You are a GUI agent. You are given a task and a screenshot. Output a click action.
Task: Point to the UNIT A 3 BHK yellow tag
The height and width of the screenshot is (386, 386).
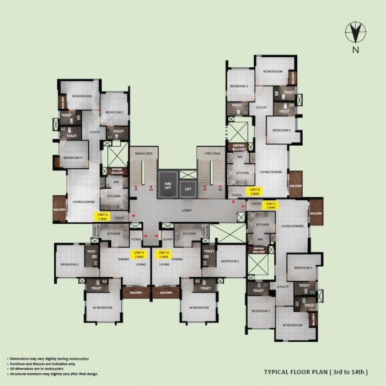pyautogui.click(x=103, y=217)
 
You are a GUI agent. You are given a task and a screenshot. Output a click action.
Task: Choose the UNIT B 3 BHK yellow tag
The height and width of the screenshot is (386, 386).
pyautogui.click(x=255, y=192)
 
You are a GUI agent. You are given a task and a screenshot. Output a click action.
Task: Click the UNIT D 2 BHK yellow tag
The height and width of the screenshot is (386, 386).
pyautogui.click(x=164, y=254)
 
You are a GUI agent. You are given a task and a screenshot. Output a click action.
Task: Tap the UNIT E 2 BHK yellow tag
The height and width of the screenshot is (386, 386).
pyautogui.click(x=138, y=254)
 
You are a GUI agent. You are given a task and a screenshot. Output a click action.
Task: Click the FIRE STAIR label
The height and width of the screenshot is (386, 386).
pyautogui.click(x=212, y=153)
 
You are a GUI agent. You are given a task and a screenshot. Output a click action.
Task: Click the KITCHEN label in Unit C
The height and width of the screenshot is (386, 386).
pyautogui.click(x=262, y=225)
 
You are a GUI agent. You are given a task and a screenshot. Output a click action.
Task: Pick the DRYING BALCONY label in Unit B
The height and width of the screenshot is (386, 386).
pyautogui.click(x=239, y=147)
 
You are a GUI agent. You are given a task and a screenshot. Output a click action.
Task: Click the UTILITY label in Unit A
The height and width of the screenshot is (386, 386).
pyautogui.click(x=95, y=132)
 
